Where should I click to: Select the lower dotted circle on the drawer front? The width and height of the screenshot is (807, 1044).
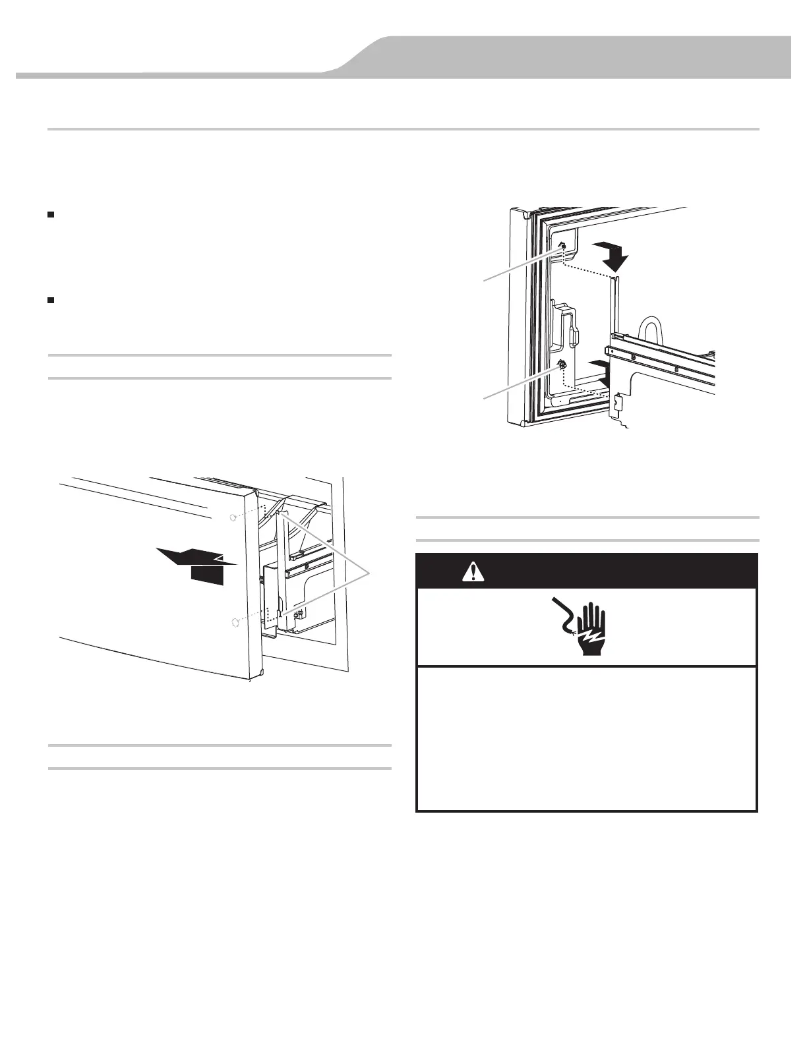(233, 623)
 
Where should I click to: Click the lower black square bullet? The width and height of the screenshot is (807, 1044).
(51, 301)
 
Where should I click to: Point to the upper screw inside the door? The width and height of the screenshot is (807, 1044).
(562, 245)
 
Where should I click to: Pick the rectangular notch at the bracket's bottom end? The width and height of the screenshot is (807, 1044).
(618, 401)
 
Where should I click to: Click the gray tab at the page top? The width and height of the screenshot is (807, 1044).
(567, 56)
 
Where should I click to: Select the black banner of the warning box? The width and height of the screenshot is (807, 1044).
(587, 571)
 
